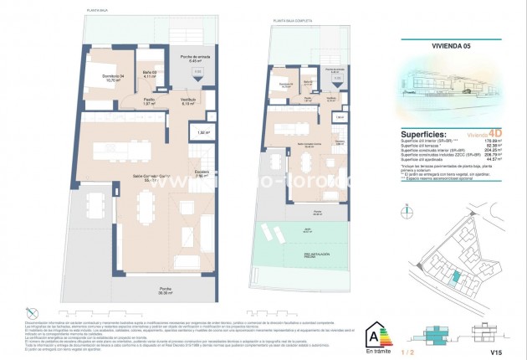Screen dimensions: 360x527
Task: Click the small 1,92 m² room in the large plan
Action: point(202,132)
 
